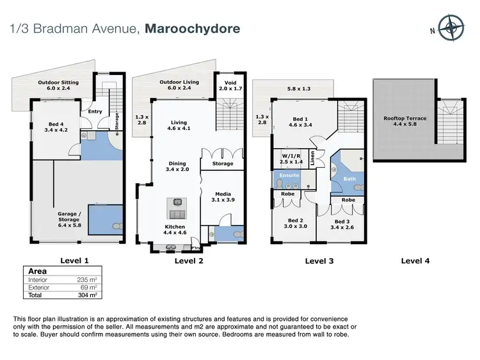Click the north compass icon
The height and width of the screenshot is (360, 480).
(x=452, y=28)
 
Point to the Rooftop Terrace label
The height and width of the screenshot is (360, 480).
(x=404, y=122)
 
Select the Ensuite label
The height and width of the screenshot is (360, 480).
(x=289, y=175)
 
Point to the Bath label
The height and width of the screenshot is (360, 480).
(x=349, y=179)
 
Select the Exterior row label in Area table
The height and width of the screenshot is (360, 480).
(x=40, y=288)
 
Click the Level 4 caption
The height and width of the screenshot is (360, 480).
(x=415, y=261)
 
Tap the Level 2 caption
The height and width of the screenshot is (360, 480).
(x=189, y=261)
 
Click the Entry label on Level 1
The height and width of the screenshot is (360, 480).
(x=95, y=111)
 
